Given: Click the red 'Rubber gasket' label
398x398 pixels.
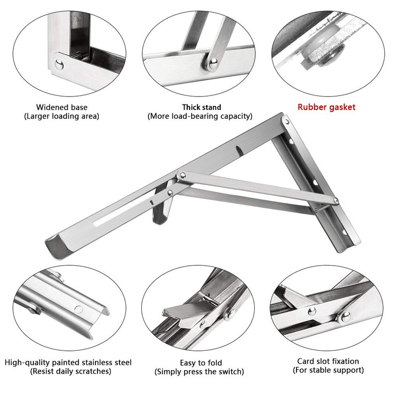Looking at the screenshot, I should (x=326, y=106).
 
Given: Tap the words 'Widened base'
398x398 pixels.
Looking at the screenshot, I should (x=62, y=107).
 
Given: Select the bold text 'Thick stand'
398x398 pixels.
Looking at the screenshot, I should (x=201, y=107).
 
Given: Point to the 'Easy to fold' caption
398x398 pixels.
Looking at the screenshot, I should (x=201, y=362).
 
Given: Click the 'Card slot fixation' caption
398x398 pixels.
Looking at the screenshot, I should (x=328, y=361).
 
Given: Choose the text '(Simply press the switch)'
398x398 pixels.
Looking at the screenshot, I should (x=200, y=372).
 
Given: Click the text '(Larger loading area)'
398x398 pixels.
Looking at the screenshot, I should (x=62, y=116).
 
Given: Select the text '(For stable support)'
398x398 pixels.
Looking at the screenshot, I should (x=327, y=370).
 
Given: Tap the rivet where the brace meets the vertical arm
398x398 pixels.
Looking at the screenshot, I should (x=336, y=200).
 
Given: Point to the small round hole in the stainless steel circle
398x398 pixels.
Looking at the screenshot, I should (x=78, y=308).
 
